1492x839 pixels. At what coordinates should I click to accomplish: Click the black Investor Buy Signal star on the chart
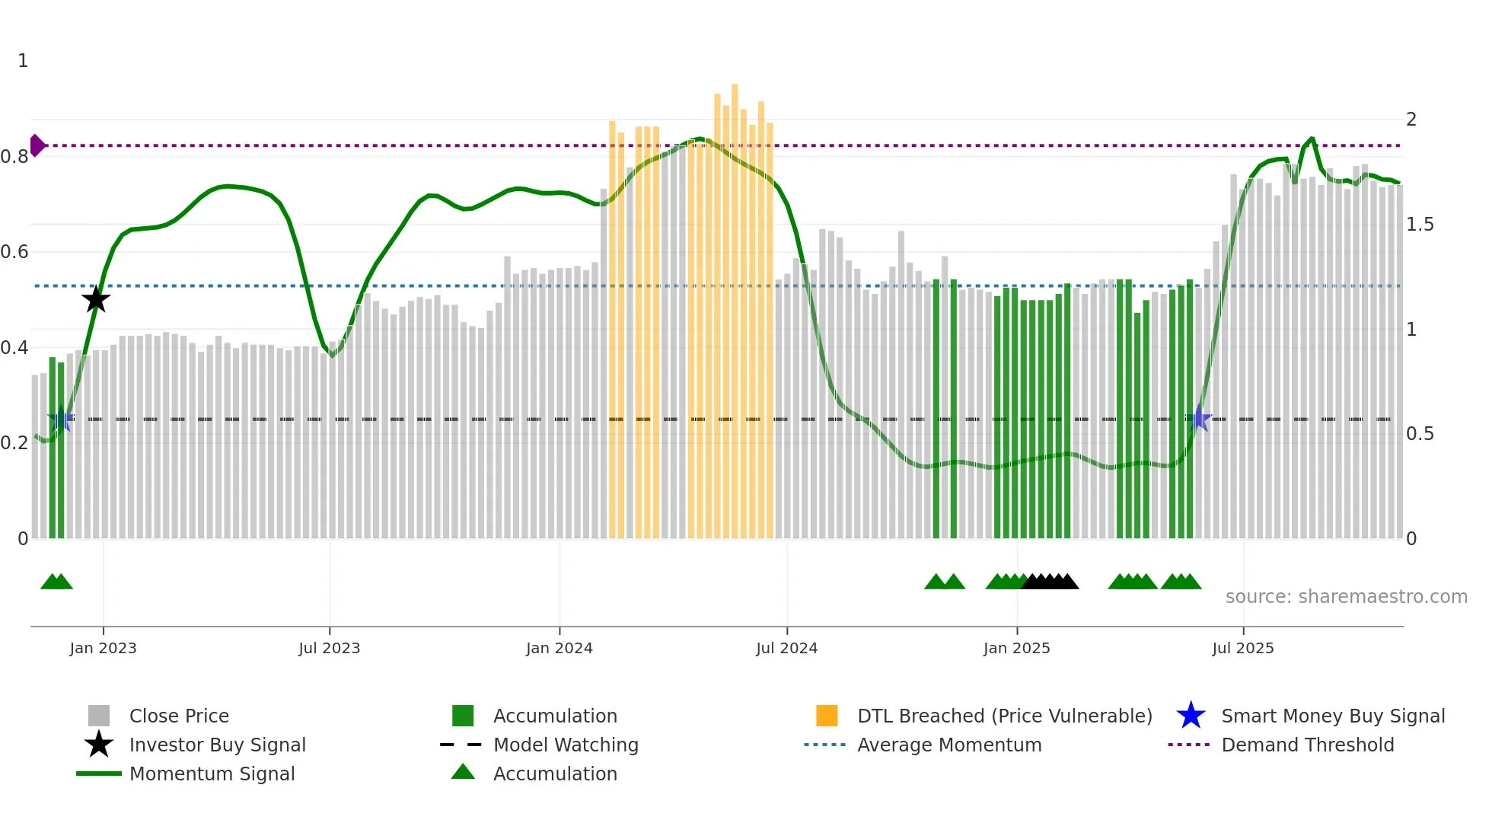(x=96, y=299)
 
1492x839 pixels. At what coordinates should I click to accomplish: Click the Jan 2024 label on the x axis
(x=559, y=648)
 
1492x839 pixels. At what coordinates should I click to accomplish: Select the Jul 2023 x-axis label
(x=329, y=648)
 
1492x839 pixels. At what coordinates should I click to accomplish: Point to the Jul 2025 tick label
(x=1242, y=648)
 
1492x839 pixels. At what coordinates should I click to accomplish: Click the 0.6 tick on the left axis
(x=14, y=252)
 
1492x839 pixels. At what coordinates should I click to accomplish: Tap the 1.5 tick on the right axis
(x=1420, y=225)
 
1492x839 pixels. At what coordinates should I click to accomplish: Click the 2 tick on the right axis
(x=1411, y=120)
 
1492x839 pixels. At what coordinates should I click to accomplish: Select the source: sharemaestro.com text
(x=1346, y=597)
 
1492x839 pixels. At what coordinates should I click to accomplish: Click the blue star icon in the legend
(x=1191, y=716)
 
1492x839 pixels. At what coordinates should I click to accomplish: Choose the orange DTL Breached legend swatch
(x=827, y=716)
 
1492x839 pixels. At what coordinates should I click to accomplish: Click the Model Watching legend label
(x=566, y=745)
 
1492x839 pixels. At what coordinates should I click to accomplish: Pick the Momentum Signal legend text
(x=212, y=774)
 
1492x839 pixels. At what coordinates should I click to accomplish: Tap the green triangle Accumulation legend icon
(x=463, y=772)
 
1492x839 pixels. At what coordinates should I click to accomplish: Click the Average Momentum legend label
(x=949, y=745)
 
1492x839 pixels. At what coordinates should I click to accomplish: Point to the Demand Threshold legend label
(x=1307, y=745)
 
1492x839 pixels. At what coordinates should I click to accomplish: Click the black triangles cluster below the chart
(x=1050, y=582)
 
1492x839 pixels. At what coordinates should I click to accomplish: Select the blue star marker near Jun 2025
(x=1200, y=418)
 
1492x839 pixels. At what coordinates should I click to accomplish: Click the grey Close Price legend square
(x=99, y=716)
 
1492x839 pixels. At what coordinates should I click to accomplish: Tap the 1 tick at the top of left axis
(x=23, y=61)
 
